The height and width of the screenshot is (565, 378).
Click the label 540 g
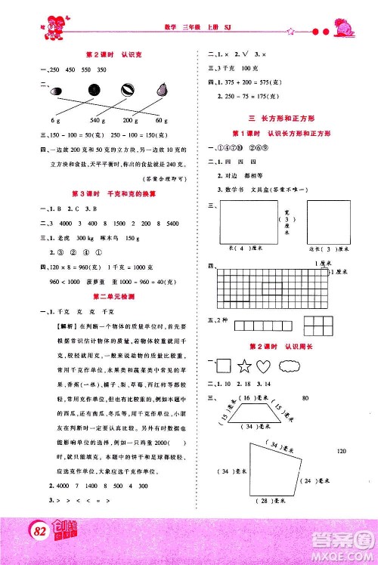[95, 121]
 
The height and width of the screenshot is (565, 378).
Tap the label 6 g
[55, 121]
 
